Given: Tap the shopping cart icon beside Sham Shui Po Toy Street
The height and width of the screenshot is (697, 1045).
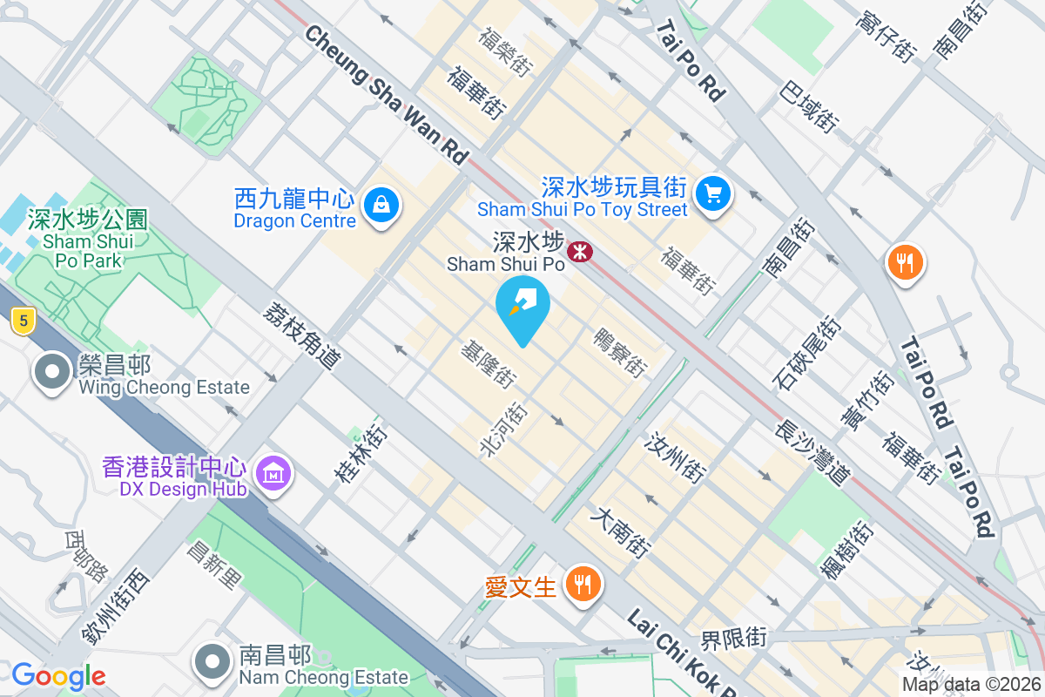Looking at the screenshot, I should pyautogui.click(x=713, y=192).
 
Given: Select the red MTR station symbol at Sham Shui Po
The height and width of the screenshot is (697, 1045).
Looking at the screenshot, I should pyautogui.click(x=579, y=252).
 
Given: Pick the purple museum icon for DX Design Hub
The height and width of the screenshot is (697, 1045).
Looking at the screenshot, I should pyautogui.click(x=274, y=474).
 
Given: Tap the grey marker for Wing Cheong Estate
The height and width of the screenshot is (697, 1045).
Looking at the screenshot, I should pyautogui.click(x=52, y=372).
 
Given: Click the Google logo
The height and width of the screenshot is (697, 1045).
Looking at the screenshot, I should pyautogui.click(x=58, y=675).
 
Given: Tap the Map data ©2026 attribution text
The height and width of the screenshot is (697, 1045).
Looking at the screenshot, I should pyautogui.click(x=970, y=684).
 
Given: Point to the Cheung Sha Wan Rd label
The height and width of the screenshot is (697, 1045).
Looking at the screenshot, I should pyautogui.click(x=387, y=94).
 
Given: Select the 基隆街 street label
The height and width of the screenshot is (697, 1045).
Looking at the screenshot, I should pyautogui.click(x=489, y=362).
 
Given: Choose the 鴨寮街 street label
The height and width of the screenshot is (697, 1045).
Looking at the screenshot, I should pyautogui.click(x=621, y=352).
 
